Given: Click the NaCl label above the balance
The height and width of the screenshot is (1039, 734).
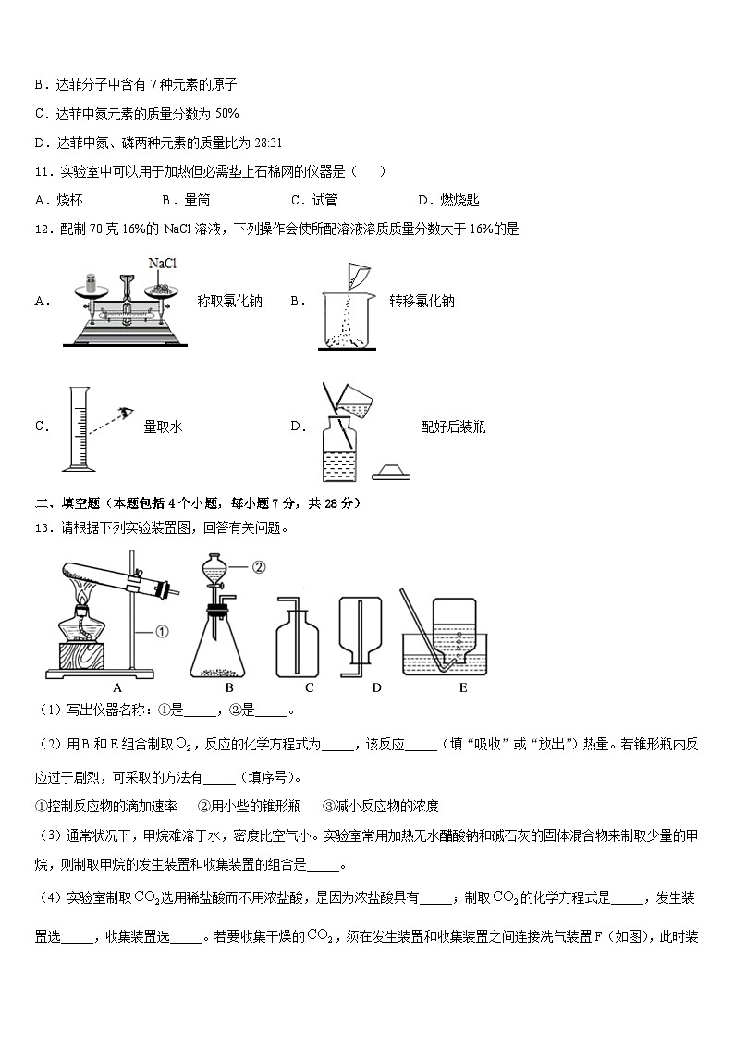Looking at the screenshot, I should pyautogui.click(x=162, y=265).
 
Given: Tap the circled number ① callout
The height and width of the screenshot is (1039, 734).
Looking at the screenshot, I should pyautogui.click(x=161, y=633).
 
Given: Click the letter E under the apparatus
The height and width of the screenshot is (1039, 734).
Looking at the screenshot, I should pyautogui.click(x=462, y=688).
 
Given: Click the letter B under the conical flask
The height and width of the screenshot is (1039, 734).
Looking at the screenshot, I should pyautogui.click(x=228, y=688).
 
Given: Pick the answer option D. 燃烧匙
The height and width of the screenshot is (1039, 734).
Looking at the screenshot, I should pyautogui.click(x=448, y=200).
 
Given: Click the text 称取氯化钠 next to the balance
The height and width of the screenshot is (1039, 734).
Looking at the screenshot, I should pyautogui.click(x=229, y=301).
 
